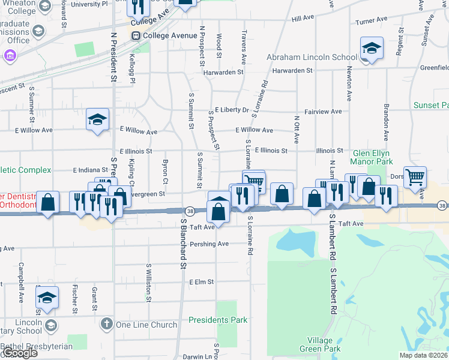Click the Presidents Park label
[218, 320]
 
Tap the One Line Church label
[146, 325]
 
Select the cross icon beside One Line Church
[106, 325]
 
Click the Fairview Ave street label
[322, 112]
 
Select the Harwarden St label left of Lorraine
[222, 71]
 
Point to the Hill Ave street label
[303, 19]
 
